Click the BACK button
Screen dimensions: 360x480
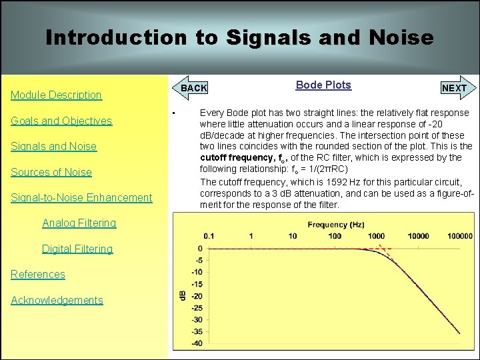click(x=194, y=88)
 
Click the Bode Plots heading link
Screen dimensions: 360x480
click(x=323, y=85)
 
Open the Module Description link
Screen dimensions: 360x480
click(x=56, y=95)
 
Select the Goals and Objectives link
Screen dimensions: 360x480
click(x=61, y=121)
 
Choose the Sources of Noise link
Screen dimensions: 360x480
click(x=51, y=172)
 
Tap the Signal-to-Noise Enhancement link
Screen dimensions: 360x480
click(x=81, y=197)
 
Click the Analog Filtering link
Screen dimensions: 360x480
click(x=79, y=223)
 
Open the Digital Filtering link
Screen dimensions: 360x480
click(x=77, y=249)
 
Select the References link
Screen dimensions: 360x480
click(x=38, y=274)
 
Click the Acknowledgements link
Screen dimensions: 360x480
click(x=57, y=300)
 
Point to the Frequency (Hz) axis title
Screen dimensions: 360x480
click(x=336, y=225)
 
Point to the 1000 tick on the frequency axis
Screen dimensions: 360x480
click(x=376, y=236)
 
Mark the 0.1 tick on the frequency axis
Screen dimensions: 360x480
click(x=209, y=236)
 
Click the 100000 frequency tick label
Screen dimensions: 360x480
click(x=459, y=236)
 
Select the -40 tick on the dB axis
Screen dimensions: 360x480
click(x=197, y=343)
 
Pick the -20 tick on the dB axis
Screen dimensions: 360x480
click(x=197, y=295)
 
